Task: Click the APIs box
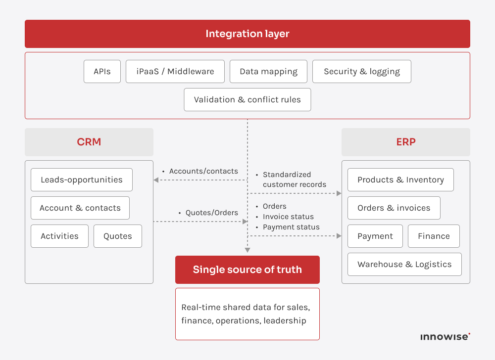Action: (x=102, y=72)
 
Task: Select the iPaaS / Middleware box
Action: (x=175, y=72)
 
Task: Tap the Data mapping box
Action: (x=268, y=72)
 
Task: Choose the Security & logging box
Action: (x=361, y=72)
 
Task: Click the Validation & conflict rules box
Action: (x=247, y=99)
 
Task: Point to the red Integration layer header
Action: (x=247, y=34)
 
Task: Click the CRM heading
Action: (x=89, y=142)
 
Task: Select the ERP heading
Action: (x=406, y=142)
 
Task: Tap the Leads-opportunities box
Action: (x=82, y=180)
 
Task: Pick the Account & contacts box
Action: (x=80, y=208)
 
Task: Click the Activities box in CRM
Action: (x=59, y=236)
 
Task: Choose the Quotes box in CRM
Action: (x=118, y=236)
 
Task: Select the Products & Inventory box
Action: (x=400, y=180)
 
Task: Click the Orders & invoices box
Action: (x=394, y=208)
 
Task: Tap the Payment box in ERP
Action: (x=375, y=236)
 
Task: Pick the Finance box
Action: (x=434, y=236)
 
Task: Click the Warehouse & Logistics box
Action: (x=404, y=265)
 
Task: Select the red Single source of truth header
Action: (x=247, y=270)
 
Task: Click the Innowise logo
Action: (x=445, y=337)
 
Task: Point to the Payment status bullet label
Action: (x=291, y=227)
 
